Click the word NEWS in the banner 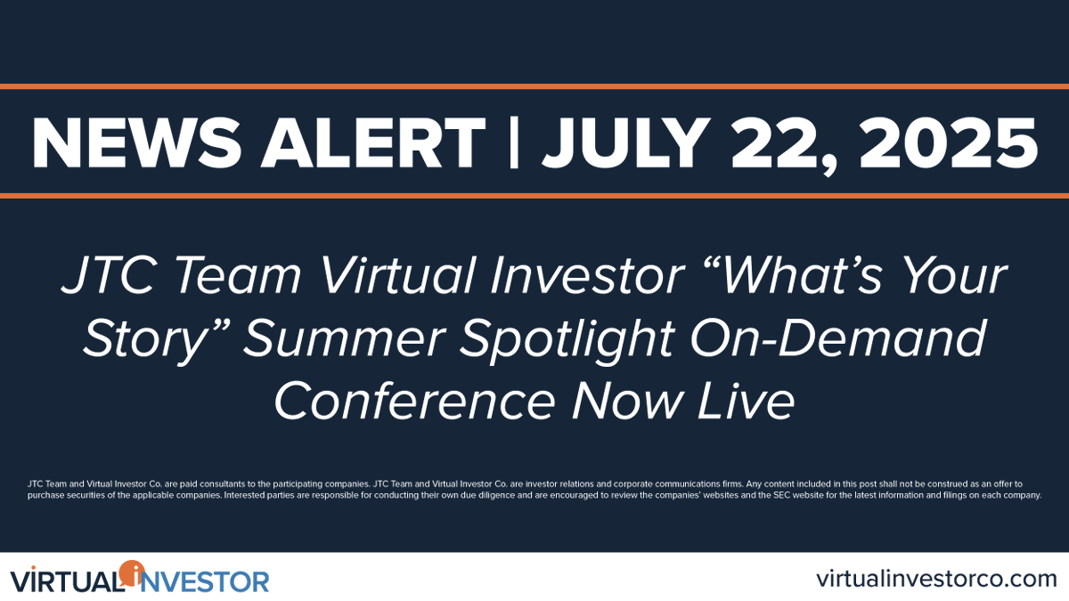point(136,143)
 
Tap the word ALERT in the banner point(373,143)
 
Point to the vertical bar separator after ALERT point(514,143)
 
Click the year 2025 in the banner point(948,143)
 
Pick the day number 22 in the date point(783,146)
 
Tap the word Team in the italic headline point(240,276)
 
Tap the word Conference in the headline point(415,400)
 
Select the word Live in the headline point(747,400)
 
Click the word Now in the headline point(627,401)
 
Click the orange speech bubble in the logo point(132,573)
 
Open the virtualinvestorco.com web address point(936,579)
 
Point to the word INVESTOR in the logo point(200,582)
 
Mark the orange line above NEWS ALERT point(534,86)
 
